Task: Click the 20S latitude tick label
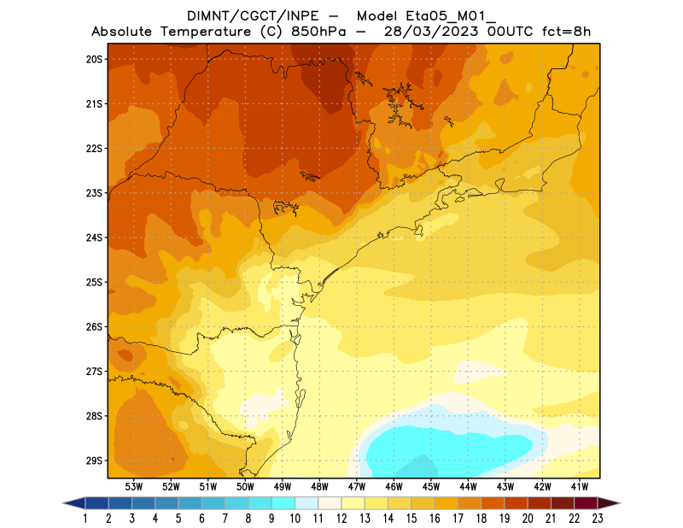[x=94, y=59]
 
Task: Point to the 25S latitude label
[x=94, y=282]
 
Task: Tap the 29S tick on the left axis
[x=94, y=461]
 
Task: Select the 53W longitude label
[x=134, y=486]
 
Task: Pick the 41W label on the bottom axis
[x=580, y=486]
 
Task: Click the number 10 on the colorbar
[x=295, y=518]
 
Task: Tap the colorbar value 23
[x=597, y=518]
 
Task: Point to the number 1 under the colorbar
[x=86, y=518]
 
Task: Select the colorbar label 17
[x=458, y=518]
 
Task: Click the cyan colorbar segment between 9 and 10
[x=283, y=502]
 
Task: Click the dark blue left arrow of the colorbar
[x=73, y=502]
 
